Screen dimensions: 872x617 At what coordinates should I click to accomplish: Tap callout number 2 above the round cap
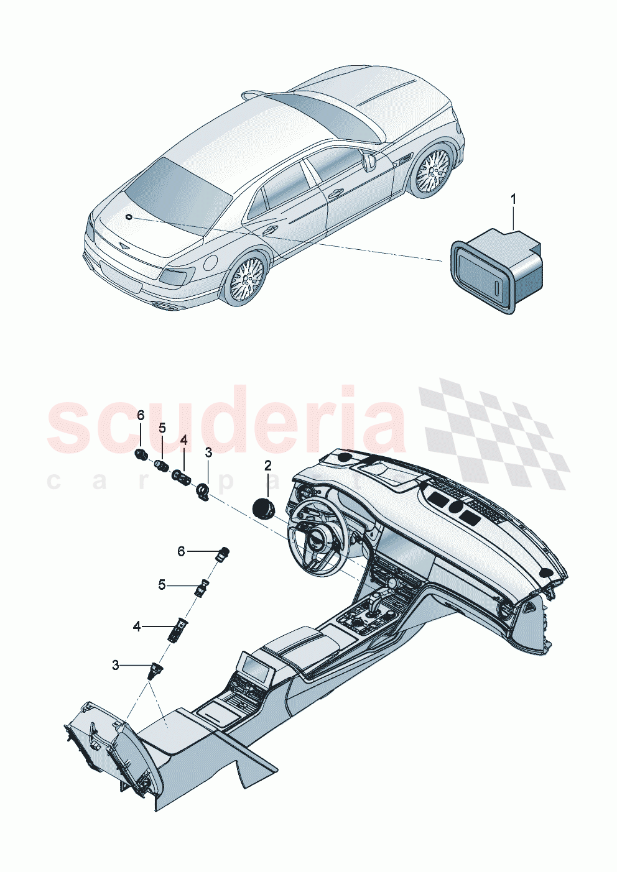(x=268, y=465)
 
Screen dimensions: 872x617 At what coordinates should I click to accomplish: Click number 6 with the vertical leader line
(x=141, y=415)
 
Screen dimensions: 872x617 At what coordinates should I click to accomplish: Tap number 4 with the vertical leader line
(x=183, y=440)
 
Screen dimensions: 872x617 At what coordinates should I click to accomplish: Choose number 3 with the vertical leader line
(x=208, y=452)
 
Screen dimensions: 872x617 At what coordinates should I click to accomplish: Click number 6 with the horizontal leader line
(x=182, y=551)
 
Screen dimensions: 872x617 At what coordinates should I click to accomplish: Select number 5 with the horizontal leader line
(x=162, y=585)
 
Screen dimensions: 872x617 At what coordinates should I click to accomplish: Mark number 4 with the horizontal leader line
(x=137, y=627)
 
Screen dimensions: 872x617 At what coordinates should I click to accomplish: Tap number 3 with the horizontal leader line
(x=116, y=666)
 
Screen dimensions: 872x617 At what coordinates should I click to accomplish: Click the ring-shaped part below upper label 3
(x=203, y=492)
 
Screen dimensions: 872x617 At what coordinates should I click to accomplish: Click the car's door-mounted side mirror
(x=370, y=162)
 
